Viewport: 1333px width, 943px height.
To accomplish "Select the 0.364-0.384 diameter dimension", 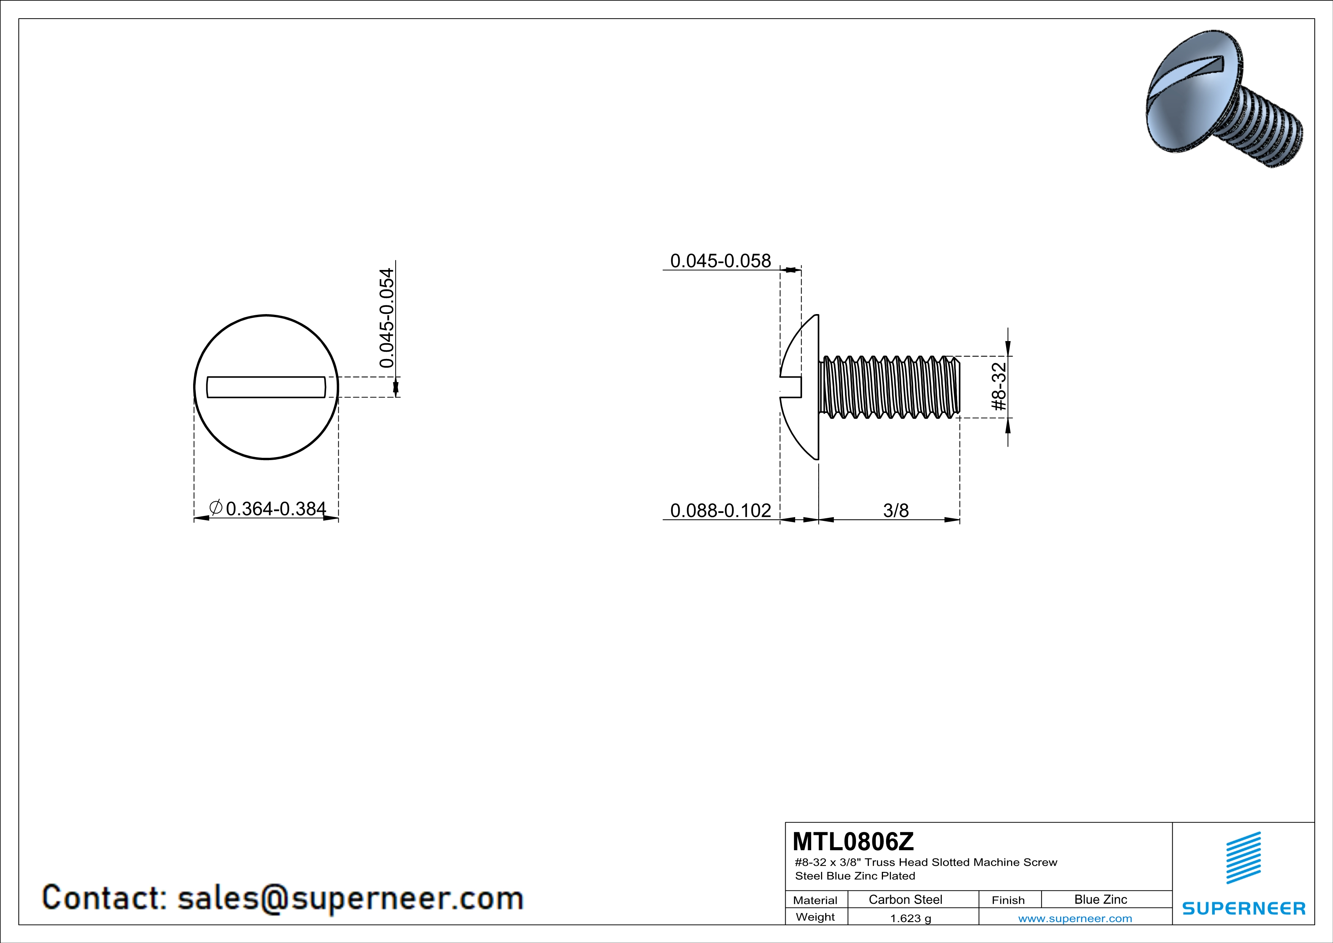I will click(x=276, y=509).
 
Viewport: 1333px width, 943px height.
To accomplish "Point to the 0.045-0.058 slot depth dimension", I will click(x=721, y=261).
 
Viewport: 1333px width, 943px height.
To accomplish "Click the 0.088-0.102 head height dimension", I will click(x=721, y=510).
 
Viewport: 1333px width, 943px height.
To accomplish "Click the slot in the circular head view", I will click(x=266, y=387).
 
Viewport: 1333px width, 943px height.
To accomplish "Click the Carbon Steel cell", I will click(x=905, y=899).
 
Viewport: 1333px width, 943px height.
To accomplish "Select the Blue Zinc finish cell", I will click(x=1100, y=899).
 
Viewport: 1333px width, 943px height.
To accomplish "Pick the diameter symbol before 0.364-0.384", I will click(x=216, y=508).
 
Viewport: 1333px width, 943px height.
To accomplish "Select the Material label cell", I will click(x=815, y=900).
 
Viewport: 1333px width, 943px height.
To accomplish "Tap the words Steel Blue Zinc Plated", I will click(x=854, y=876).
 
